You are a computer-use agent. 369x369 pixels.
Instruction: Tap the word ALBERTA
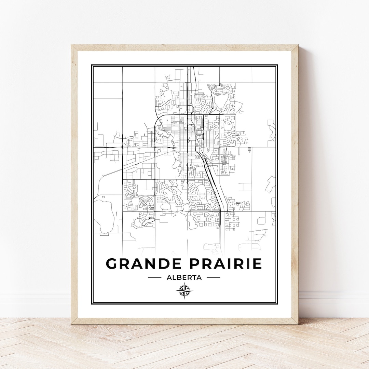(x=184, y=277)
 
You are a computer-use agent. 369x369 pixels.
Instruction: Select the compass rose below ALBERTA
(x=184, y=291)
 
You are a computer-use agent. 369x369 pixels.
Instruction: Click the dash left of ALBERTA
(x=154, y=277)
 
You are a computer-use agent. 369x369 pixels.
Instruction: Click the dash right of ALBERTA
(x=214, y=277)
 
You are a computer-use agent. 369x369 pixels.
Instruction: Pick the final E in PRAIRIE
(x=257, y=263)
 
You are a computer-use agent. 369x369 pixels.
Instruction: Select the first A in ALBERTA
(x=169, y=277)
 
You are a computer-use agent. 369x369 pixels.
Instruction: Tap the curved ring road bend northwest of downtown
(x=157, y=121)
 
